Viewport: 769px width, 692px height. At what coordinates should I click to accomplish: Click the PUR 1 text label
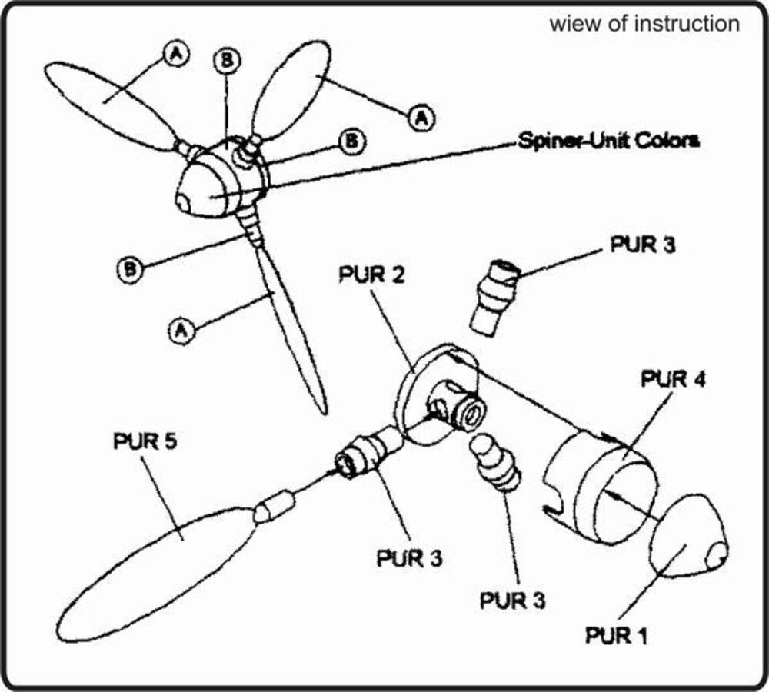618,636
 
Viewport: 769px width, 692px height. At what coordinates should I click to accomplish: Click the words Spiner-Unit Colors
608,141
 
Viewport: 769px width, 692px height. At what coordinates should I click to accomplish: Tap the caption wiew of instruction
644,24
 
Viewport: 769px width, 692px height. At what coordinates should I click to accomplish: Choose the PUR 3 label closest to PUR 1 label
513,600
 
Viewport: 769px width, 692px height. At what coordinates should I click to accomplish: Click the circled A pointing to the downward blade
179,331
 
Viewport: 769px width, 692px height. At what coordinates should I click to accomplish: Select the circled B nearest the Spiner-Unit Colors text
351,141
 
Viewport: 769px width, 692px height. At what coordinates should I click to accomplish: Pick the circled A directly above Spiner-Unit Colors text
420,117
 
